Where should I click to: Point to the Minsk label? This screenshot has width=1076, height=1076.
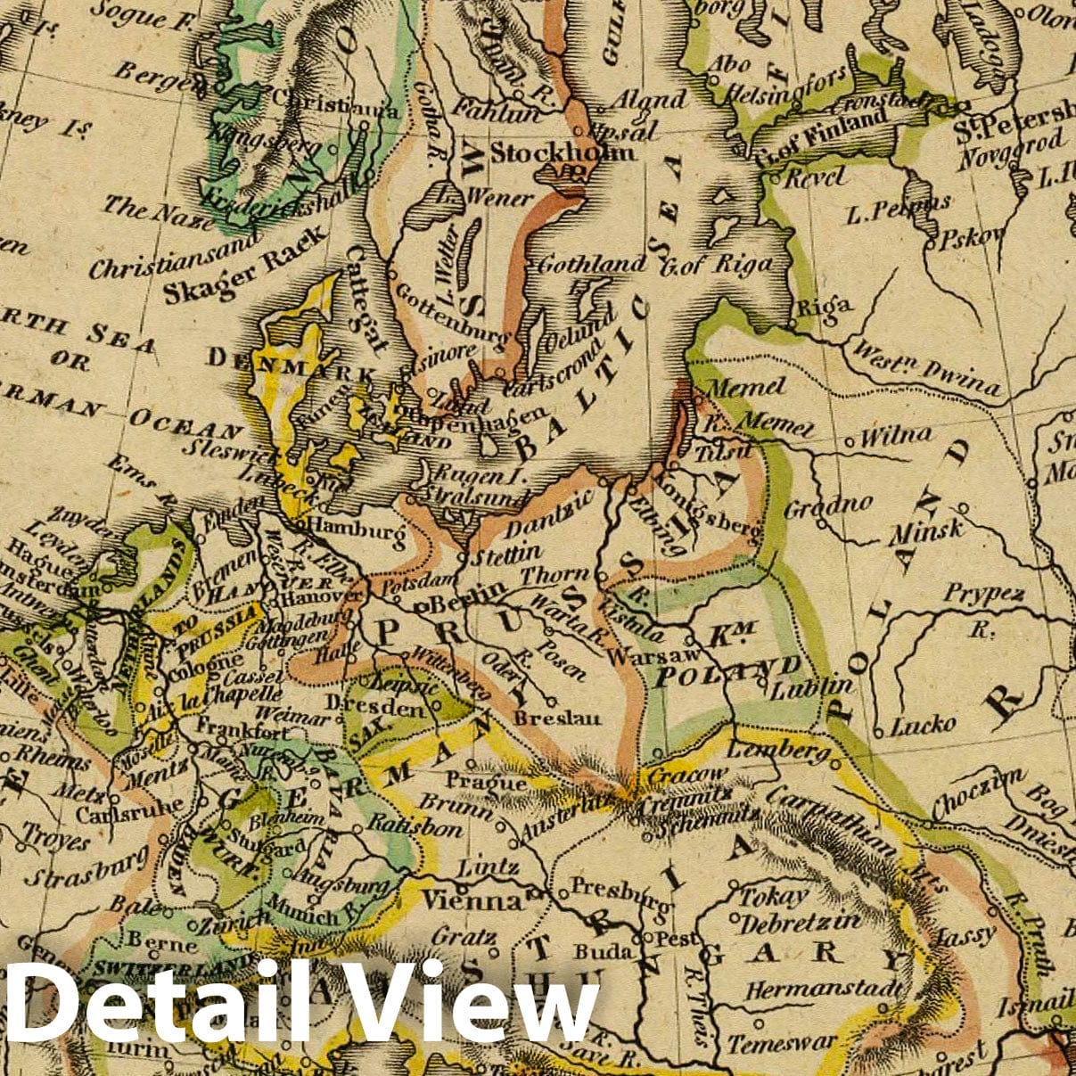[x=926, y=532]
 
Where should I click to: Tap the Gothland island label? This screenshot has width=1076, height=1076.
[x=592, y=263]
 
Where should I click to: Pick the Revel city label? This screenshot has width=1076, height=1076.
[x=814, y=177]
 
